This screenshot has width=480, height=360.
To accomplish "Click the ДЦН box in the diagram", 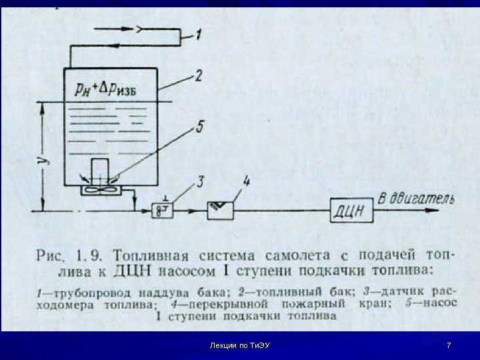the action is (x=349, y=211).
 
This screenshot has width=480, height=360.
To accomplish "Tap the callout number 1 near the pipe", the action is (x=199, y=33).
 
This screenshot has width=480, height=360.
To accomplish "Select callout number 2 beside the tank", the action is (x=199, y=78).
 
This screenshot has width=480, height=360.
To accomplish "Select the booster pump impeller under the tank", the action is (x=97, y=189).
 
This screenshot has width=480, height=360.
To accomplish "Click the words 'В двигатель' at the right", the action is (x=416, y=199).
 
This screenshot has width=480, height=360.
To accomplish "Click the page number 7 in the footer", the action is (x=449, y=345).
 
